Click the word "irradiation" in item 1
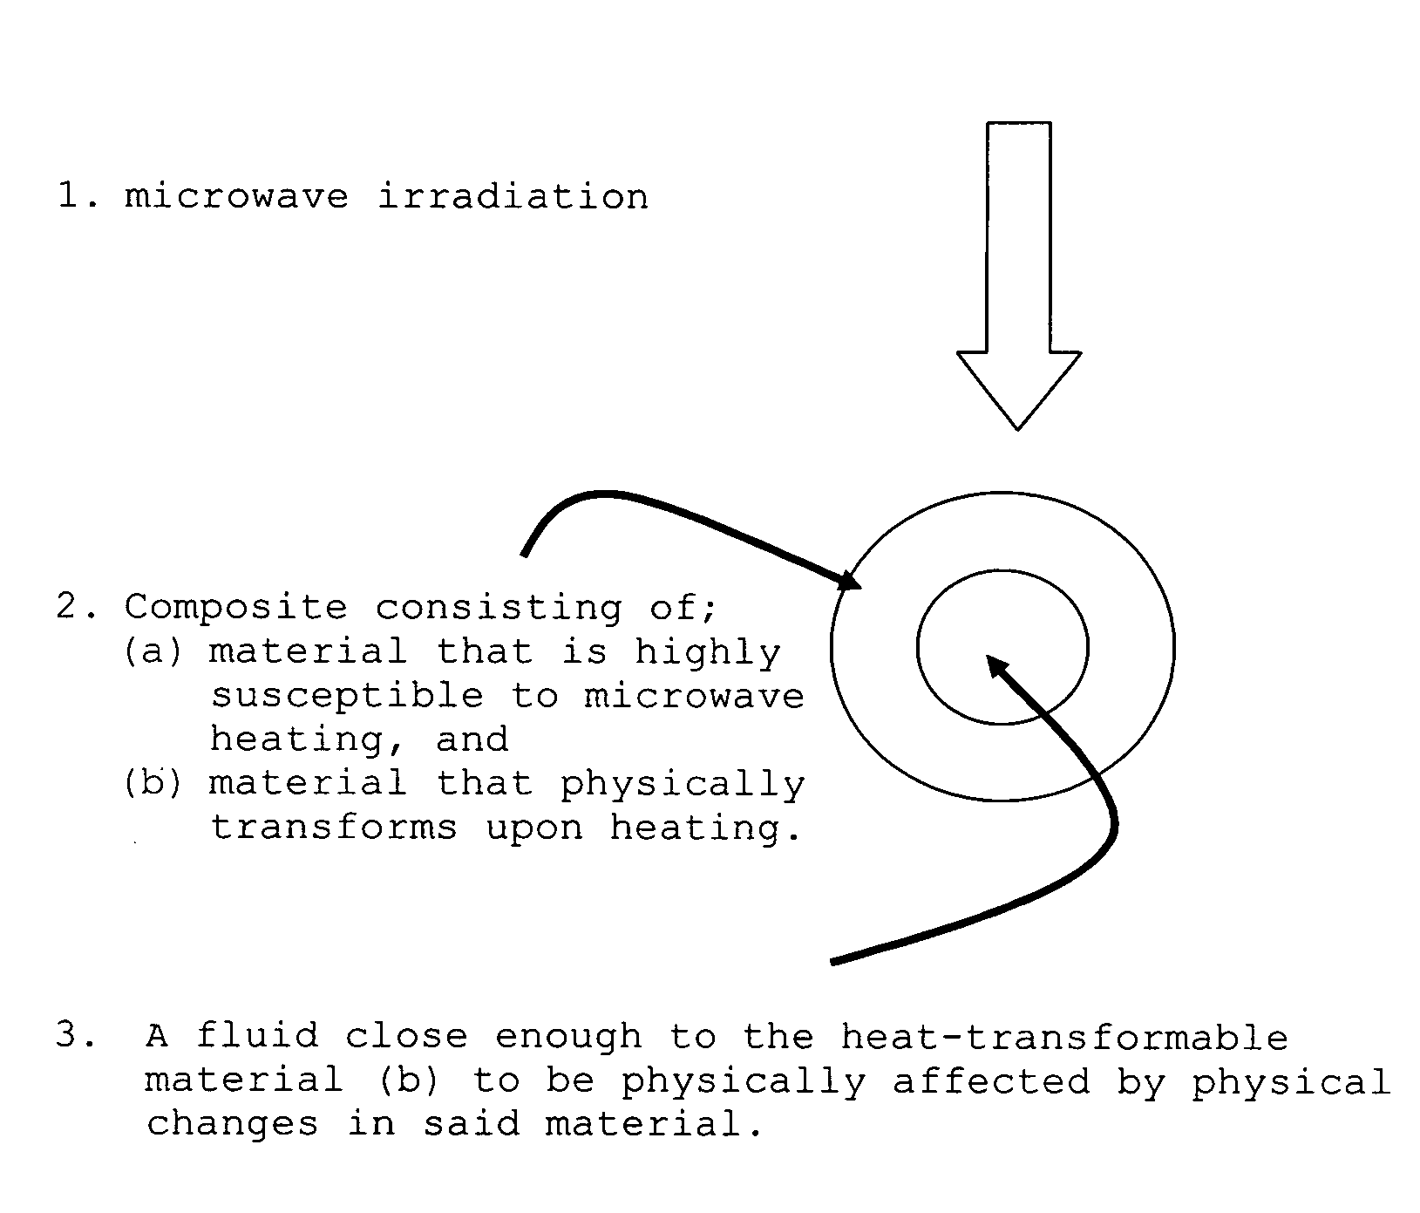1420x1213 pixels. point(513,196)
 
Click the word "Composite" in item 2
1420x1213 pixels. point(235,607)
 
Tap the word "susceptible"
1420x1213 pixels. point(347,696)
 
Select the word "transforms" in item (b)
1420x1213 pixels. point(334,827)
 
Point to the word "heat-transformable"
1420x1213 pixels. point(1064,1037)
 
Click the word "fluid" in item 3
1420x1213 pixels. point(257,1036)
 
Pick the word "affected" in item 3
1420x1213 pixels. point(991,1081)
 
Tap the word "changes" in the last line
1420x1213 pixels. point(232,1124)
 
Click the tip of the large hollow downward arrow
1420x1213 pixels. point(1017,427)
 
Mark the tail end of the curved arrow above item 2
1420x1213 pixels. point(523,554)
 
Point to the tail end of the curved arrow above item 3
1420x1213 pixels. point(832,962)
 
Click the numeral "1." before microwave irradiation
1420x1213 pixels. point(77,196)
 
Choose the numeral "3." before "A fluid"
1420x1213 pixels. point(77,1037)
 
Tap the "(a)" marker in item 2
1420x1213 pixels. point(153,651)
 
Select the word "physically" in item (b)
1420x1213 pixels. point(682,784)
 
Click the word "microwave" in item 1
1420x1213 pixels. point(235,196)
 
